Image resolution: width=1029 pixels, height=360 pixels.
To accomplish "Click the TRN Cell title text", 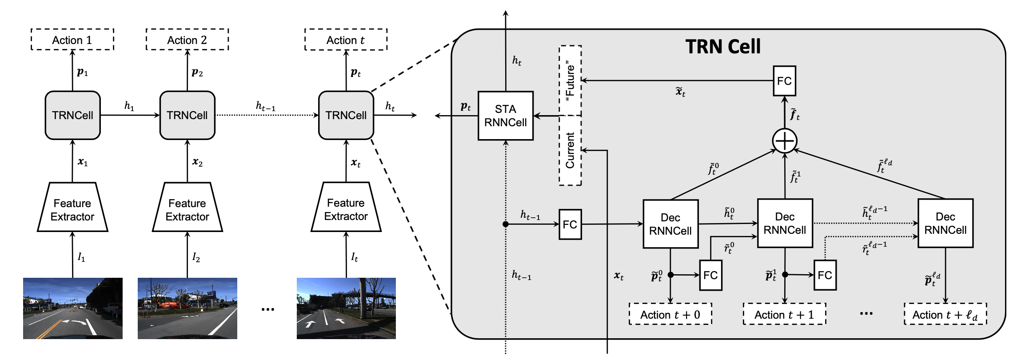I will pos(723,47).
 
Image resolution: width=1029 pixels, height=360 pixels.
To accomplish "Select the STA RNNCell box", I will pos(505,116).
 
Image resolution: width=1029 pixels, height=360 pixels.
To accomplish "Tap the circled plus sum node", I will pos(785,141).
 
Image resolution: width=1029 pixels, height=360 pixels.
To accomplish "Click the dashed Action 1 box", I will pos(72,40).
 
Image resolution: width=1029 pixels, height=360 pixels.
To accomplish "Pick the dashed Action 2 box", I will pos(187,40).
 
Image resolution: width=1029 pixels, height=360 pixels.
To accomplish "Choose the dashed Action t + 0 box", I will pos(670,315).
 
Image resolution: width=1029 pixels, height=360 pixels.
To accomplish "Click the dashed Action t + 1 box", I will pos(784,315).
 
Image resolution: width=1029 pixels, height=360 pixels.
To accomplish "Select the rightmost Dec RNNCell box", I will pos(945,223).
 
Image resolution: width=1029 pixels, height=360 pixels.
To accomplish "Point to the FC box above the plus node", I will pos(784,81).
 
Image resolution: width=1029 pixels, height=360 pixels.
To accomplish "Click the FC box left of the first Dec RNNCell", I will pos(570,224).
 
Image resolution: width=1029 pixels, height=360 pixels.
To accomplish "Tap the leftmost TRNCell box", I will pos(72,115).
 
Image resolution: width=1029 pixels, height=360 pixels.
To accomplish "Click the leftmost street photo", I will pos(72,308).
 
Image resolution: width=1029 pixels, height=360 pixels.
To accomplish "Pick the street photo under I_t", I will pos(346,308).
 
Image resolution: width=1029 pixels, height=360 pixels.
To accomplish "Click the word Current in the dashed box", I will pos(570,150).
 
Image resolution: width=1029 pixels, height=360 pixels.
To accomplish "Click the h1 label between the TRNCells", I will pos(129,106).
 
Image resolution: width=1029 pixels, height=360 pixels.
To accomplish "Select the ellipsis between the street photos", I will pos(267,309).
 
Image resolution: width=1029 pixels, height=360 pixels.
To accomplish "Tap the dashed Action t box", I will pos(346,40).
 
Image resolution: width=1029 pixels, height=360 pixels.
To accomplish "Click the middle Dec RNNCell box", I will pos(785,223).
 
